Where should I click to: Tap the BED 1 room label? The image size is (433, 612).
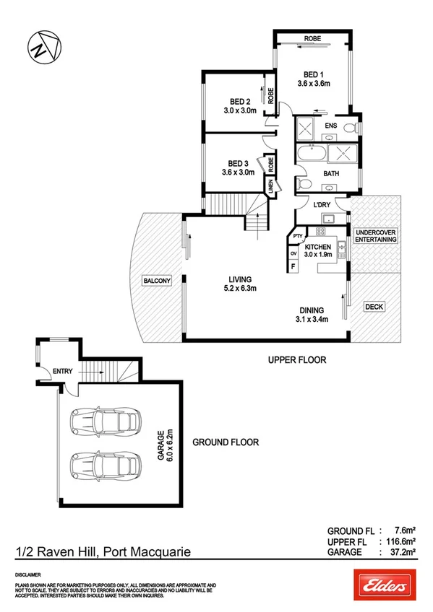click(x=313, y=74)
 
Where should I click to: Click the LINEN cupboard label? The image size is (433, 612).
click(x=271, y=186)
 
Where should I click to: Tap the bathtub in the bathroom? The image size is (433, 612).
click(x=309, y=154)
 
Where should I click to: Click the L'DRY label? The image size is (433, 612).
click(x=322, y=204)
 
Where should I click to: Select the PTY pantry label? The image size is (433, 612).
click(x=297, y=235)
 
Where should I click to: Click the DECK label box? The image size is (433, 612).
click(x=374, y=307)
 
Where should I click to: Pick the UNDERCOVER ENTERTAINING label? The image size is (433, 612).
click(x=375, y=237)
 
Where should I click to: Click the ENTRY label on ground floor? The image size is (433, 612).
click(x=62, y=372)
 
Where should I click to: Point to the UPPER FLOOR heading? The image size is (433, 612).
click(x=297, y=359)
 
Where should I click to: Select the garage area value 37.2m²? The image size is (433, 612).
click(x=400, y=552)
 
